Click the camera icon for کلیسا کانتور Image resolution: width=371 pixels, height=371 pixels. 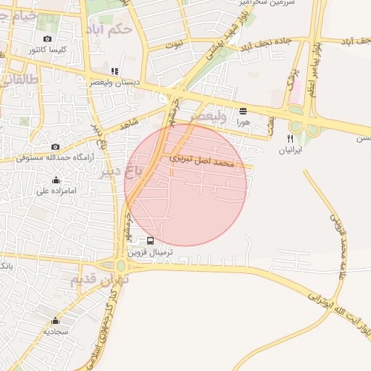[48, 38]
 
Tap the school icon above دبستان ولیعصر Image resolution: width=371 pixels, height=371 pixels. [114, 72]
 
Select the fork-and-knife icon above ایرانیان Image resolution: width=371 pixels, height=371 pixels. [291, 138]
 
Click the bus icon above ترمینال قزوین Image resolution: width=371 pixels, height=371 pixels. [150, 241]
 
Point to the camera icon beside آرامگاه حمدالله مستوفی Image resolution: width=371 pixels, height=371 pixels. [55, 146]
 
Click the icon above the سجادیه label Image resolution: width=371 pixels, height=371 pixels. [56, 320]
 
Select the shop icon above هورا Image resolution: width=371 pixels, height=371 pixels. [243, 111]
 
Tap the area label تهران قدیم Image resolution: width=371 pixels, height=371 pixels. [100, 278]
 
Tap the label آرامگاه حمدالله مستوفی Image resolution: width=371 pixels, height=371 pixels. [64, 157]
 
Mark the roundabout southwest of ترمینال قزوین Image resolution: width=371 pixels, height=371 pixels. [120, 266]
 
